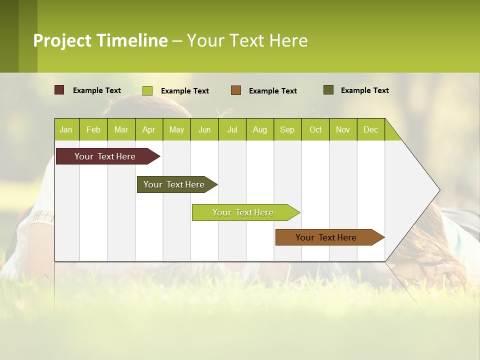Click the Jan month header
pyautogui.click(x=66, y=129)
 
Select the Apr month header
pyautogui.click(x=149, y=129)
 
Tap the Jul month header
pyautogui.click(x=232, y=129)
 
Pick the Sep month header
pyautogui.click(x=287, y=129)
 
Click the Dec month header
pyautogui.click(x=370, y=129)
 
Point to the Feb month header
pyautogui.click(x=93, y=129)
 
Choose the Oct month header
pyautogui.click(x=315, y=129)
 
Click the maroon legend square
pyautogui.click(x=59, y=90)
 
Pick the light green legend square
pyautogui.click(x=147, y=90)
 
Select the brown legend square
pyautogui.click(x=236, y=90)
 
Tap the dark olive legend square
pyautogui.click(x=328, y=90)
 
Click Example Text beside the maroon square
pyautogui.click(x=97, y=90)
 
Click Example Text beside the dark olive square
pyautogui.click(x=365, y=90)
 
